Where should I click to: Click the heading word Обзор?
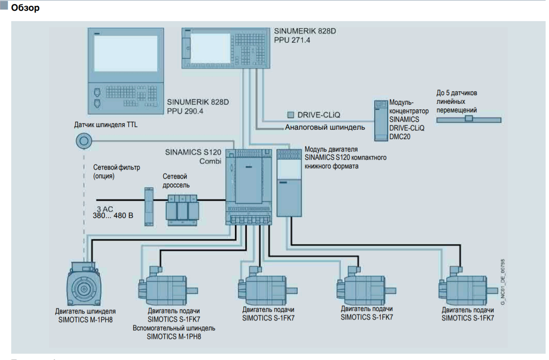(x=25, y=8)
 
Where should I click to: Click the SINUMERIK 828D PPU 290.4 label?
(x=198, y=106)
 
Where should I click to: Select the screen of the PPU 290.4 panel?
(x=126, y=53)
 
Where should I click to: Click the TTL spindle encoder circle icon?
(x=83, y=140)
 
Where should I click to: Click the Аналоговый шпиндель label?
(x=325, y=127)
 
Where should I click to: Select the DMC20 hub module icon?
(x=381, y=121)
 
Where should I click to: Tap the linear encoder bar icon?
(x=468, y=119)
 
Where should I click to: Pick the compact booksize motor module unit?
(x=289, y=182)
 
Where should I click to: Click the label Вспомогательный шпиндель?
(x=174, y=328)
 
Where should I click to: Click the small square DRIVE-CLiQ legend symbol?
(x=291, y=115)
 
